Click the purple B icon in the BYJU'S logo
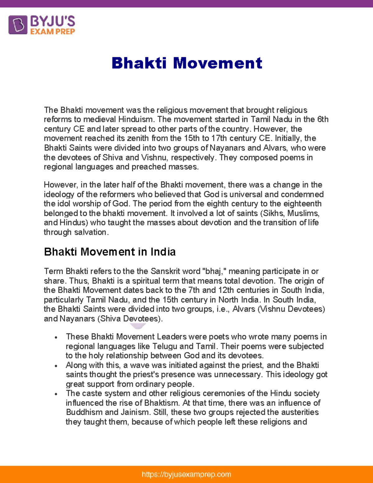[x=18, y=25]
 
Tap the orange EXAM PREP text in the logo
[x=53, y=31]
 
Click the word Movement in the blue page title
[x=217, y=63]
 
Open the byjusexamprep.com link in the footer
[x=186, y=474]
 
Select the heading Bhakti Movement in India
[x=110, y=252]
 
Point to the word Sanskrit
[x=165, y=271]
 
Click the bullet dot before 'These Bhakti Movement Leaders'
[x=56, y=338]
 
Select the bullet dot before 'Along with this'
[x=56, y=366]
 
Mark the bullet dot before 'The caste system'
[x=56, y=394]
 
